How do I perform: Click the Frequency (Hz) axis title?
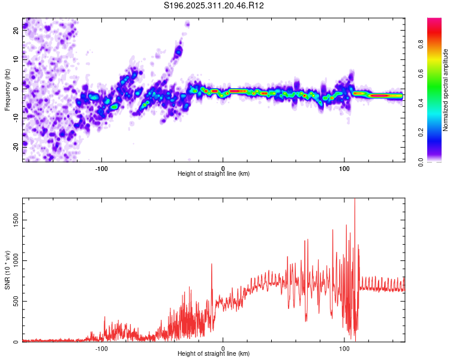[x=7, y=90]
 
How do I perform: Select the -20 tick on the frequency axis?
[x=16, y=146]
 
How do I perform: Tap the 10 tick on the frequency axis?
[x=16, y=60]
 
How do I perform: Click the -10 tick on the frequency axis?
[x=16, y=117]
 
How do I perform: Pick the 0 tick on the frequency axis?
[x=16, y=88]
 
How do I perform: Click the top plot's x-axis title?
[x=214, y=173]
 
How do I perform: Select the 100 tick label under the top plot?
[x=344, y=167]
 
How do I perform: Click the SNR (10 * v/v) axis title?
[x=7, y=270]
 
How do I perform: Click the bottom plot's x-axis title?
[x=214, y=353]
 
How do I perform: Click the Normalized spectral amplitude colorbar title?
[x=446, y=90]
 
